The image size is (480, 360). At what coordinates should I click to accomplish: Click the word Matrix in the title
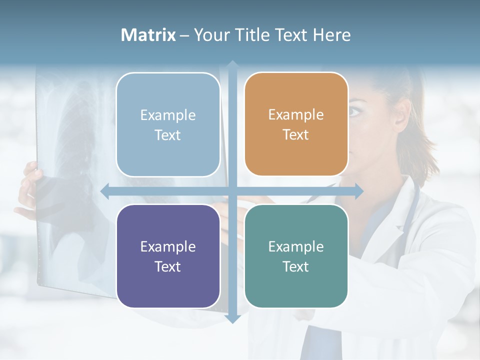(x=148, y=35)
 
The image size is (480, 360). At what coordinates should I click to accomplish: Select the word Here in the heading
(x=331, y=35)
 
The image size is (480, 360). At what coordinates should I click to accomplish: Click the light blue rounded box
(x=168, y=124)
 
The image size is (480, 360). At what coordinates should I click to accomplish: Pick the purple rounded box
(x=168, y=256)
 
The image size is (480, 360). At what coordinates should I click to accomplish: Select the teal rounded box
(x=296, y=256)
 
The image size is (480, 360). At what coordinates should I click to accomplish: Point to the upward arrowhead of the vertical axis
(x=232, y=64)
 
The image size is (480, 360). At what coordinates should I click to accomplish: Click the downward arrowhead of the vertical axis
(x=232, y=319)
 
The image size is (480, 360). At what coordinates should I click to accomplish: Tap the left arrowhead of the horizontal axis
(x=104, y=191)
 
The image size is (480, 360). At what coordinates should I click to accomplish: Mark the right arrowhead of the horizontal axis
(x=359, y=191)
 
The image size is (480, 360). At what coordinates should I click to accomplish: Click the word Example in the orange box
(x=296, y=114)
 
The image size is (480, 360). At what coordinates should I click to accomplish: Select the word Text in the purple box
(x=168, y=266)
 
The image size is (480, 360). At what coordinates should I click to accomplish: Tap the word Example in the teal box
(x=296, y=246)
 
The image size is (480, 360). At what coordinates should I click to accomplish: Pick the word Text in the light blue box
(x=168, y=135)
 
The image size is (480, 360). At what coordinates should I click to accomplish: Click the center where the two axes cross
(x=232, y=191)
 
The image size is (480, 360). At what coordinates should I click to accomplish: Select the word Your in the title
(x=209, y=35)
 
